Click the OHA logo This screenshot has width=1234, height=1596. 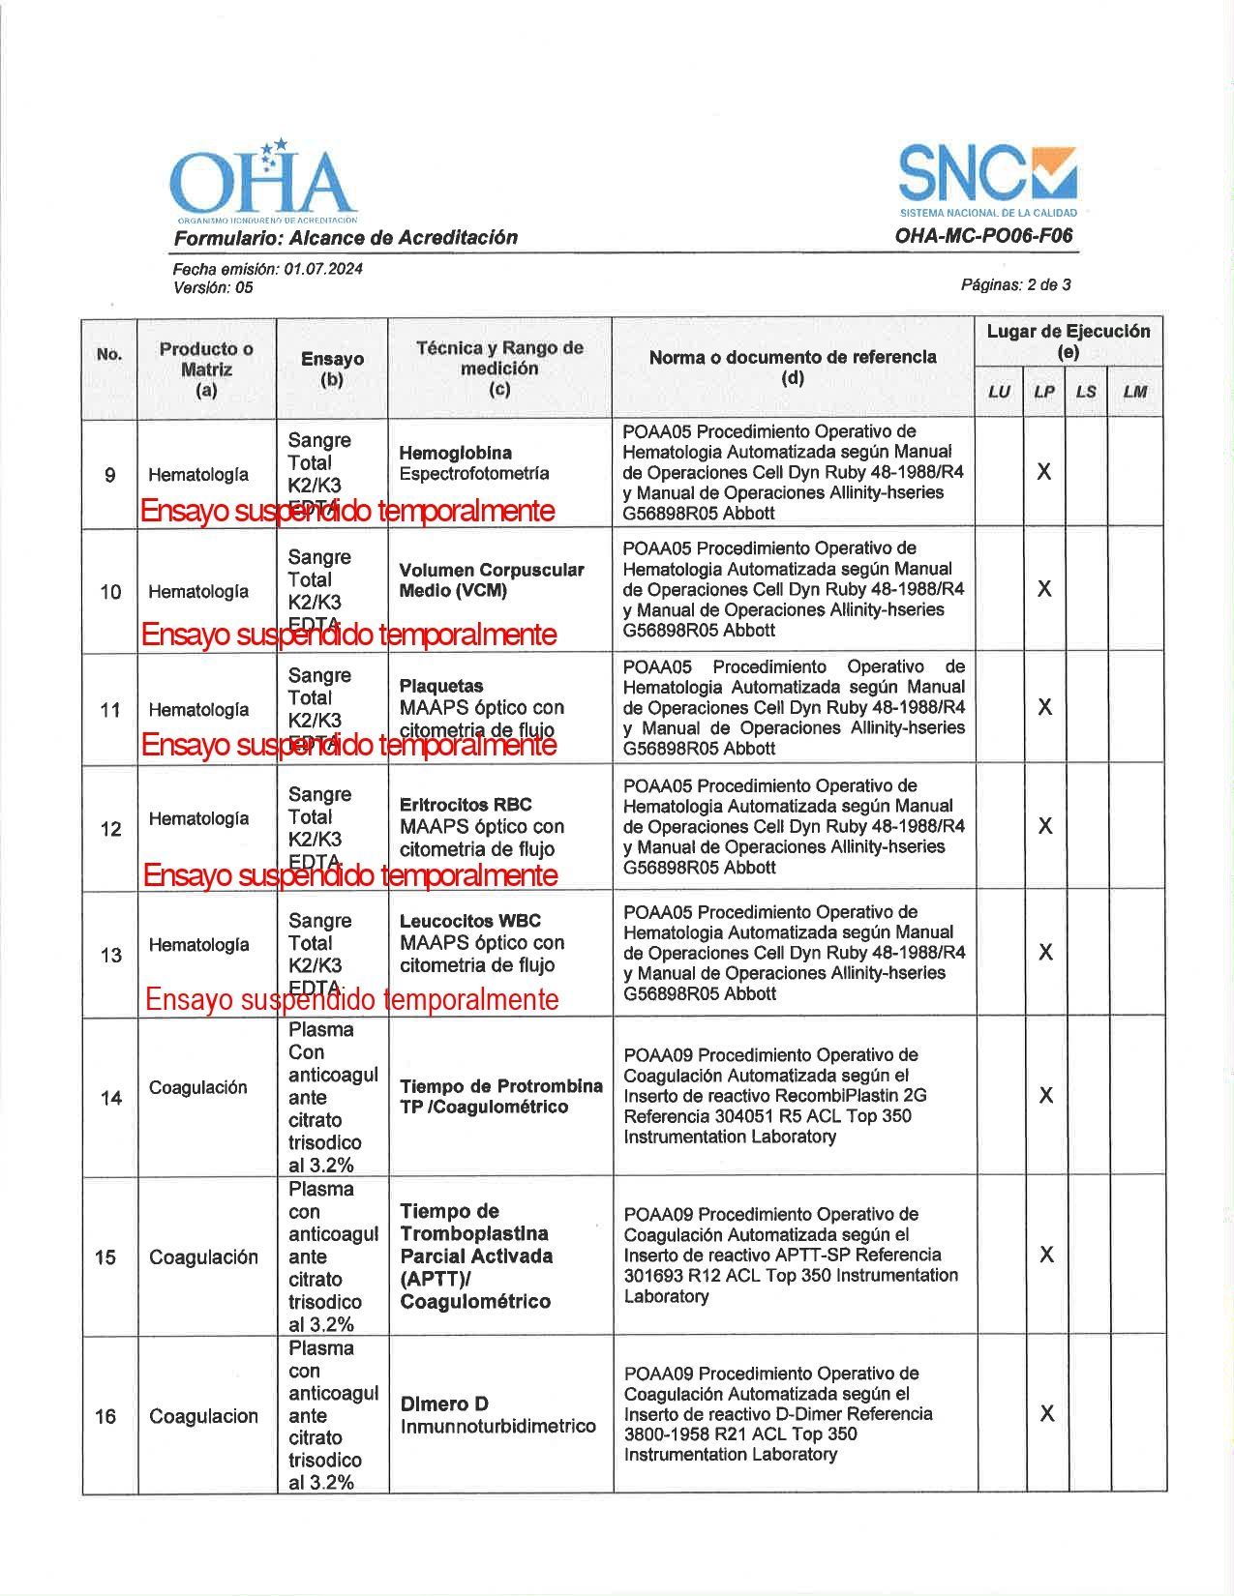(261, 182)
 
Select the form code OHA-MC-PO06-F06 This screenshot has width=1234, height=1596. (983, 236)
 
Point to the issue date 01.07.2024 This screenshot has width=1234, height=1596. (323, 269)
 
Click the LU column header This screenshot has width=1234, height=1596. (999, 392)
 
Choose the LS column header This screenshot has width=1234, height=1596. (1086, 392)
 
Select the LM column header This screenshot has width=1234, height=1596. (1134, 392)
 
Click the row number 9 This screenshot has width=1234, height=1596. (110, 475)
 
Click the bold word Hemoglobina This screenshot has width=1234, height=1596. (455, 453)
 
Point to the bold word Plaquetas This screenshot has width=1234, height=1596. (440, 686)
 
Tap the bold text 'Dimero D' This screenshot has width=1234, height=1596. (444, 1404)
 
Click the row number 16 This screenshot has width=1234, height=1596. (106, 1416)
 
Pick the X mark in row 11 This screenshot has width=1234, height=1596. (1044, 707)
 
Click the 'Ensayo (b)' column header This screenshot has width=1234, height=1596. (332, 369)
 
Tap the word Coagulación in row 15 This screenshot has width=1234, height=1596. (203, 1256)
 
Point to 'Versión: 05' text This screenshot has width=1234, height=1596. (213, 287)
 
